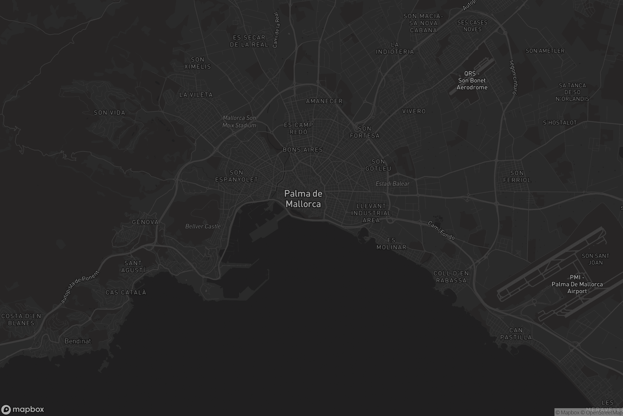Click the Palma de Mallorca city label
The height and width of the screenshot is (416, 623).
[x=303, y=199]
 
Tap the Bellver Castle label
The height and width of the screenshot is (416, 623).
[x=203, y=226]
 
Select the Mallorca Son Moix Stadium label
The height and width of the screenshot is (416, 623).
[x=239, y=121]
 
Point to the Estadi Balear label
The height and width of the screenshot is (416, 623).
[x=392, y=184]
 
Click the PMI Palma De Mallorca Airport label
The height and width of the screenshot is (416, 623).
[x=577, y=284]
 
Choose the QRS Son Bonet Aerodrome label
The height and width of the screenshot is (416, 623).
[x=472, y=80]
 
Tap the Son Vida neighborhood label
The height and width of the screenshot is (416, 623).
[x=110, y=113]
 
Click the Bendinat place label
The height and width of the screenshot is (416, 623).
[x=78, y=341]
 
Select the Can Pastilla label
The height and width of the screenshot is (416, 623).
[x=516, y=334]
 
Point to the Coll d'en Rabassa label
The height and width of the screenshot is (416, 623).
[x=451, y=277]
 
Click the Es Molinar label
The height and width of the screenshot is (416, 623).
[x=391, y=244]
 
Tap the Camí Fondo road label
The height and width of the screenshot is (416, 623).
[x=441, y=230]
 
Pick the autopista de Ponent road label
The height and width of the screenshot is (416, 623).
[x=80, y=287]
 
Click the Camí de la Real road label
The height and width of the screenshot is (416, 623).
[x=276, y=30]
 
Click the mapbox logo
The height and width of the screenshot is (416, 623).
[x=22, y=409]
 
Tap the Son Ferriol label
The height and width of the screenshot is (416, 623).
[x=517, y=177]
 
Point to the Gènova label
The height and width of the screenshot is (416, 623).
[x=145, y=222]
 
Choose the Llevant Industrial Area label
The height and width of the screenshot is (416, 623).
[x=371, y=213]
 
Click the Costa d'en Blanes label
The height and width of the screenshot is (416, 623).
[x=21, y=320]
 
